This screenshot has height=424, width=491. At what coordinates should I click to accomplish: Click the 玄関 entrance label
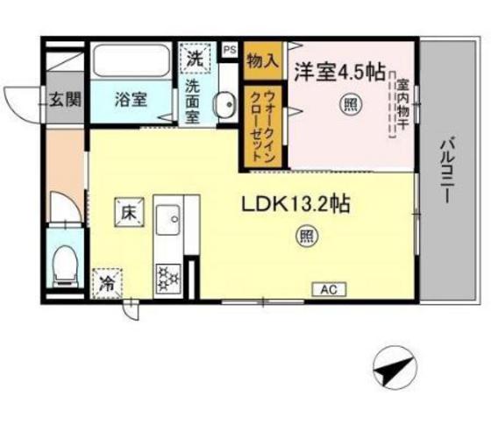65,99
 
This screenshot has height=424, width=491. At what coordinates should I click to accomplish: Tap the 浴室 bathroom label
130,99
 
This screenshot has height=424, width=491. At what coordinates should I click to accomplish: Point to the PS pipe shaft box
230,50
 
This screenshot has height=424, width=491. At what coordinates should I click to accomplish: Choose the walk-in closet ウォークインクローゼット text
265,122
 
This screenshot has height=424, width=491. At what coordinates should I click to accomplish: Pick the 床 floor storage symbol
127,212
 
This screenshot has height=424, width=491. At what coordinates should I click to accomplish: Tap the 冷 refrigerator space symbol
108,284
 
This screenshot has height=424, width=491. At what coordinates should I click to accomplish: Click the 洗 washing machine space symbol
196,60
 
